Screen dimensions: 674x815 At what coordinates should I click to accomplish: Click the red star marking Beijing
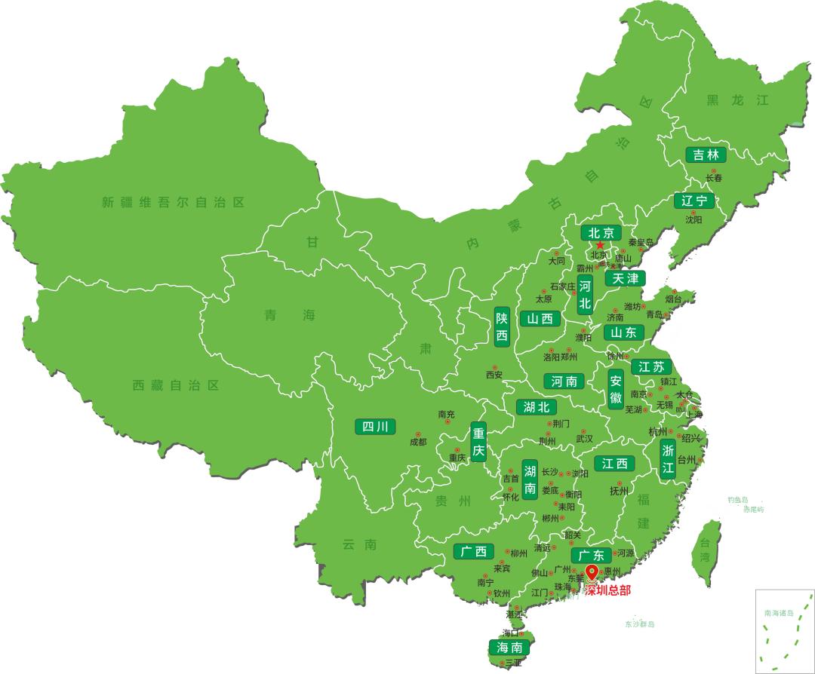600,245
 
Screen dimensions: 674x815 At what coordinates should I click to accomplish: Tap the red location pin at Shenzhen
592,573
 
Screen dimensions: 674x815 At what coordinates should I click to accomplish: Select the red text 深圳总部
607,590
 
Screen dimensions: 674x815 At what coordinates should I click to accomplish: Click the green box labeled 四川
375,427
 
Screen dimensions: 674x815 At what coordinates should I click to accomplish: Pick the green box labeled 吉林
706,155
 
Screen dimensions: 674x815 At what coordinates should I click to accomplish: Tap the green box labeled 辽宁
694,201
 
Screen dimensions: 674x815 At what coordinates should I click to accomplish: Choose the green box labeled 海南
509,648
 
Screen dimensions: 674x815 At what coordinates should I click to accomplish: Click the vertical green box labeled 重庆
478,443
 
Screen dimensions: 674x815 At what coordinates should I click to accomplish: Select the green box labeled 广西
474,552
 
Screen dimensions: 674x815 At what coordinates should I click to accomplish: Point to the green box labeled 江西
614,463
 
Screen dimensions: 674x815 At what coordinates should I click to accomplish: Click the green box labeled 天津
625,278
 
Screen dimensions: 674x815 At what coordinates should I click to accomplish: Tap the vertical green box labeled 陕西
502,327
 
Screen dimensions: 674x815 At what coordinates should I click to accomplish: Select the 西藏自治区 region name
176,385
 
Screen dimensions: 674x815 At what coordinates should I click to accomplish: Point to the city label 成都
418,442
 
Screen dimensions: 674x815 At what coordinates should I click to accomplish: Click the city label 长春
714,179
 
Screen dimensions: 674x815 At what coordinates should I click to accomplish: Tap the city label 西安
494,375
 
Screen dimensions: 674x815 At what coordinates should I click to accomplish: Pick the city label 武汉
584,438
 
